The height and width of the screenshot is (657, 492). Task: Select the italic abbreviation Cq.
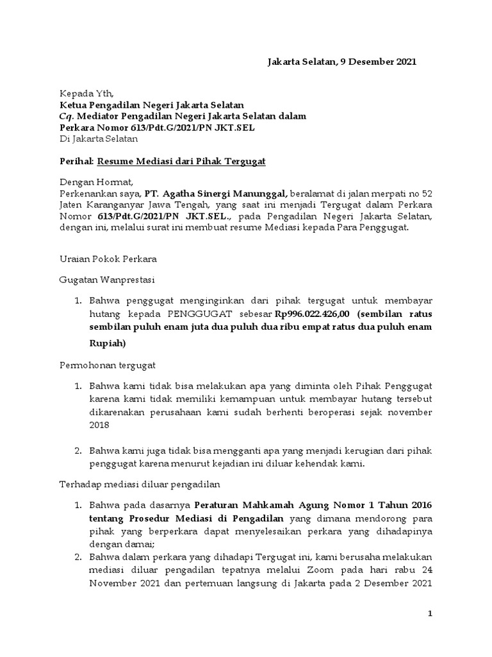click(67, 115)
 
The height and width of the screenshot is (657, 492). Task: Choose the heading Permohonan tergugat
click(108, 364)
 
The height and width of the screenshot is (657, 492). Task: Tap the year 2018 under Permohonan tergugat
click(99, 425)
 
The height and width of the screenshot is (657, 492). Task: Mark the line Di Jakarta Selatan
click(98, 139)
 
